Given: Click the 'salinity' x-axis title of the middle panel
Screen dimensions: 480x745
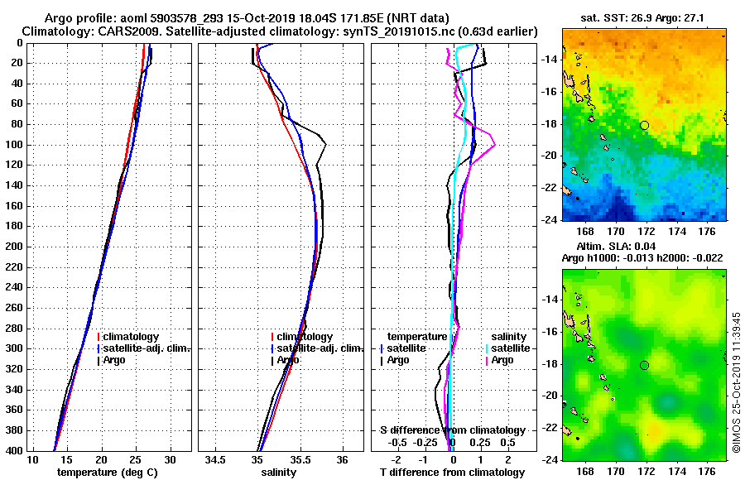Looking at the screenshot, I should tap(278, 473).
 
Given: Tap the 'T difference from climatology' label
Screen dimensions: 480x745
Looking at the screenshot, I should tap(452, 473).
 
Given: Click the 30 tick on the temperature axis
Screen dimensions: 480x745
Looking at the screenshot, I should tap(170, 459).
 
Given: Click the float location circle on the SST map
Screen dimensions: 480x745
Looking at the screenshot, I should tap(644, 125).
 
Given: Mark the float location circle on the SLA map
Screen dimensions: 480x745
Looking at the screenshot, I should tap(644, 365).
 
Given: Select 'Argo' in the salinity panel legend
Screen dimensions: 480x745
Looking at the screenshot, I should tap(289, 360).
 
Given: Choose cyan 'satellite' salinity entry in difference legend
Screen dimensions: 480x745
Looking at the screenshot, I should tap(510, 348).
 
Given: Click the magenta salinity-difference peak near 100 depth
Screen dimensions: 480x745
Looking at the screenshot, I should tap(494, 146).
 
